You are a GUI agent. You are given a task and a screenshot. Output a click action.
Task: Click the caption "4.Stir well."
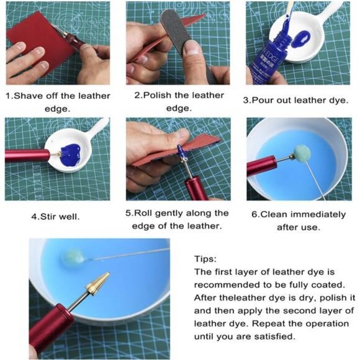(x=56, y=217)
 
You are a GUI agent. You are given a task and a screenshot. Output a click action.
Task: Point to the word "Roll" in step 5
(x=147, y=213)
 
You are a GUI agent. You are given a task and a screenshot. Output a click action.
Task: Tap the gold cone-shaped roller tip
(x=97, y=285)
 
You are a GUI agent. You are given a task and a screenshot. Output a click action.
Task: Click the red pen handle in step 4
(x=28, y=155)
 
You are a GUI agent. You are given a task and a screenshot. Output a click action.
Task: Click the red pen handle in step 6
(x=261, y=166)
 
